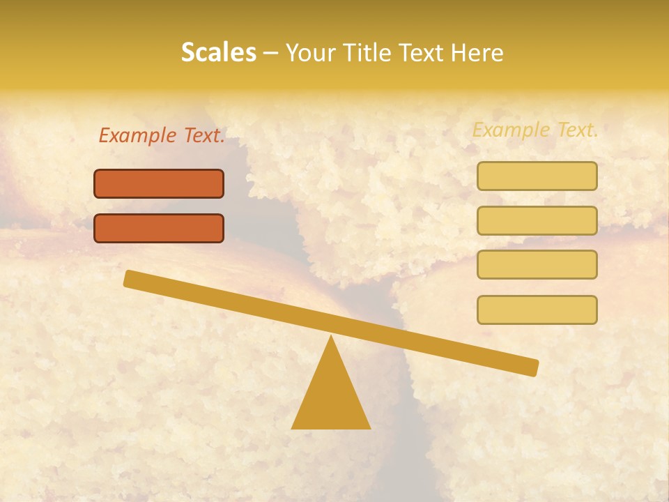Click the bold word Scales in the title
point(218,53)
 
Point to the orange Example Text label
point(162,136)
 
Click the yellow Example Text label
point(535,130)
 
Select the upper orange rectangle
point(159,183)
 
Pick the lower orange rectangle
point(159,228)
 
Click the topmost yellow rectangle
point(537,176)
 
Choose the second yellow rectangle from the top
point(537,220)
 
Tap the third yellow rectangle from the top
point(537,264)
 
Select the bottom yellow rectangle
point(537,310)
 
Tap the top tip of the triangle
point(331,337)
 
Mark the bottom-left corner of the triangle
point(293,428)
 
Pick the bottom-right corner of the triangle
point(369,428)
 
